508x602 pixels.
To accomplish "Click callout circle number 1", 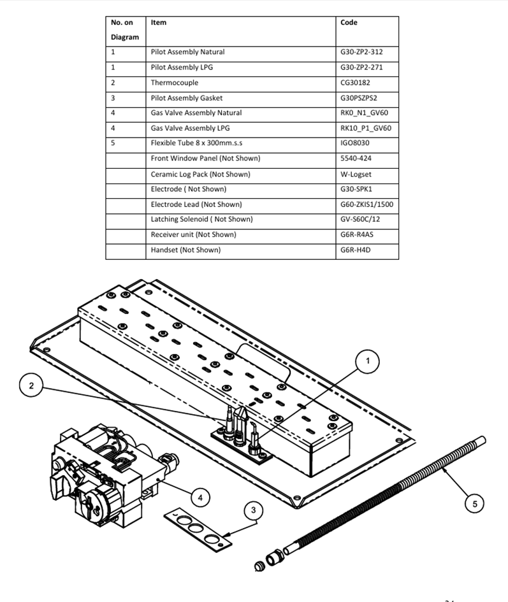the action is tap(367, 361).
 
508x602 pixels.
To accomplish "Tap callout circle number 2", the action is tap(31, 385).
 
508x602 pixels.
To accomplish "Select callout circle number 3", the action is tap(253, 510).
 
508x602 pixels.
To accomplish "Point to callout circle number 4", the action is tap(200, 498).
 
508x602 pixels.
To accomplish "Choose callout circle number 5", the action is tap(475, 504).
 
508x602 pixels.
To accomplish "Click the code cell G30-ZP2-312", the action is tap(361, 52).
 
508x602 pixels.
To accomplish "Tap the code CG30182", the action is tap(356, 83).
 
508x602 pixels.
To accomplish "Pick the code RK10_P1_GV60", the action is tap(366, 128).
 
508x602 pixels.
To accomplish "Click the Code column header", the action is tap(349, 22).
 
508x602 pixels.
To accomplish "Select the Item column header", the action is tap(159, 22).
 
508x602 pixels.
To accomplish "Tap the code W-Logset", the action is tap(356, 175).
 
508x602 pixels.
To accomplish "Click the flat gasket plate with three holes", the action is tap(198, 531).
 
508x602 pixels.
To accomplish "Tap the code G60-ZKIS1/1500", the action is tap(367, 204).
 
